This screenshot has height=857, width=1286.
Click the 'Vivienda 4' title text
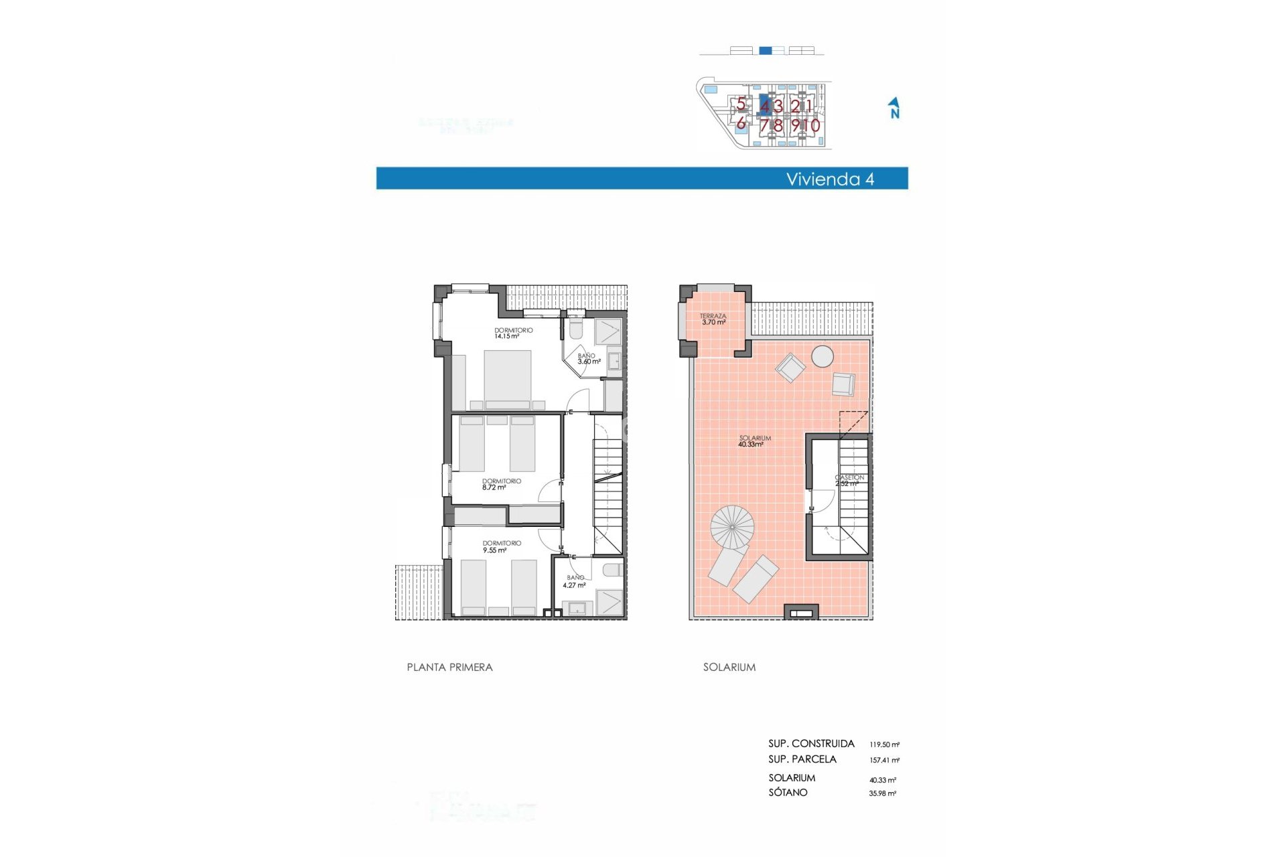pos(829,179)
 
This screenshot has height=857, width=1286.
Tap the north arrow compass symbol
pos(894,108)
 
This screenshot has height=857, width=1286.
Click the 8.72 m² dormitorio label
pos(500,484)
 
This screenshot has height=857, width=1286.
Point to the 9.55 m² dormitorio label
pos(500,546)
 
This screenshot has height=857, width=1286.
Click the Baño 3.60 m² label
pos(588,359)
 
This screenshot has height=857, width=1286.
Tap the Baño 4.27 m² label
pos(575,581)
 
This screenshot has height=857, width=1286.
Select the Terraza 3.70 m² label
pos(713,319)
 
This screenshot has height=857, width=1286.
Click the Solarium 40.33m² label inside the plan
pos(754,441)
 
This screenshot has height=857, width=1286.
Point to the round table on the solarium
pos(823,356)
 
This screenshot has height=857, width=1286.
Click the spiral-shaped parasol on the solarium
pos(732,527)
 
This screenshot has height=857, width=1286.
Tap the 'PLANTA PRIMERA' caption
pos(449,667)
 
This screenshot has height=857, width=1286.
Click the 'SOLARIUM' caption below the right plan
pos(729,667)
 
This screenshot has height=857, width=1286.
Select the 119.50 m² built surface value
pos(883,745)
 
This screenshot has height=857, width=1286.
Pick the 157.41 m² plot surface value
pos(883,760)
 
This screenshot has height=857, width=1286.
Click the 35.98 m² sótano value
pos(882,793)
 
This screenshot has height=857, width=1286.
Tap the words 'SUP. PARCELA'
pos(802,759)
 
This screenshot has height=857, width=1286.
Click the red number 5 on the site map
pos(741,104)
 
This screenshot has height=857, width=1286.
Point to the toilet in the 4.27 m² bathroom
pos(612,570)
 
